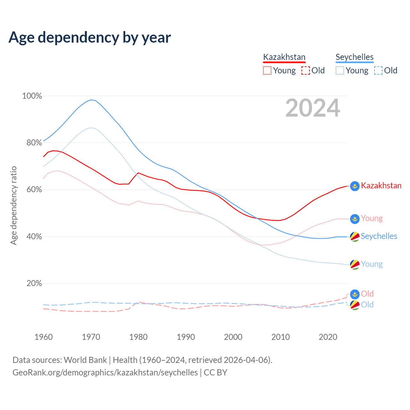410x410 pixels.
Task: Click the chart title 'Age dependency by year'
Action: [90, 37]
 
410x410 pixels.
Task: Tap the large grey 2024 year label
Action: [313, 108]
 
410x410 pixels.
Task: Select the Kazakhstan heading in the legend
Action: [284, 57]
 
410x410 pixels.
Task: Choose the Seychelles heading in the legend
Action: [355, 57]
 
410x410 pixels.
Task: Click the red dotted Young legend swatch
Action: [267, 70]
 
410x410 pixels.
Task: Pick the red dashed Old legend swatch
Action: [306, 70]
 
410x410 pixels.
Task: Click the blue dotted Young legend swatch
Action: [340, 70]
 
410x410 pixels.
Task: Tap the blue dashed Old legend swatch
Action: [378, 70]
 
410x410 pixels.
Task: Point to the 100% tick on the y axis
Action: [32, 96]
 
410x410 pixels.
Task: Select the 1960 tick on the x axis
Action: [44, 337]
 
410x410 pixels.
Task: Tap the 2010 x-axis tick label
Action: [281, 337]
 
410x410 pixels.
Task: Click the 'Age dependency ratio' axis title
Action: [13, 205]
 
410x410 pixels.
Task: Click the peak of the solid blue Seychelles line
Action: [91, 100]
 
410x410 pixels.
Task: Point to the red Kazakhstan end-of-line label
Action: [381, 186]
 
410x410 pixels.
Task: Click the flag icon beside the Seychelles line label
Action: [355, 237]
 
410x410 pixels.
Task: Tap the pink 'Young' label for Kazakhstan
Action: [372, 218]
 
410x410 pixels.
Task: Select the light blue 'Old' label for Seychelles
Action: [367, 305]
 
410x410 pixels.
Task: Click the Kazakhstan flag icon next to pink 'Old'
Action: [355, 294]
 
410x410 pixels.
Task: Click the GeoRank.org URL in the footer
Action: [105, 373]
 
